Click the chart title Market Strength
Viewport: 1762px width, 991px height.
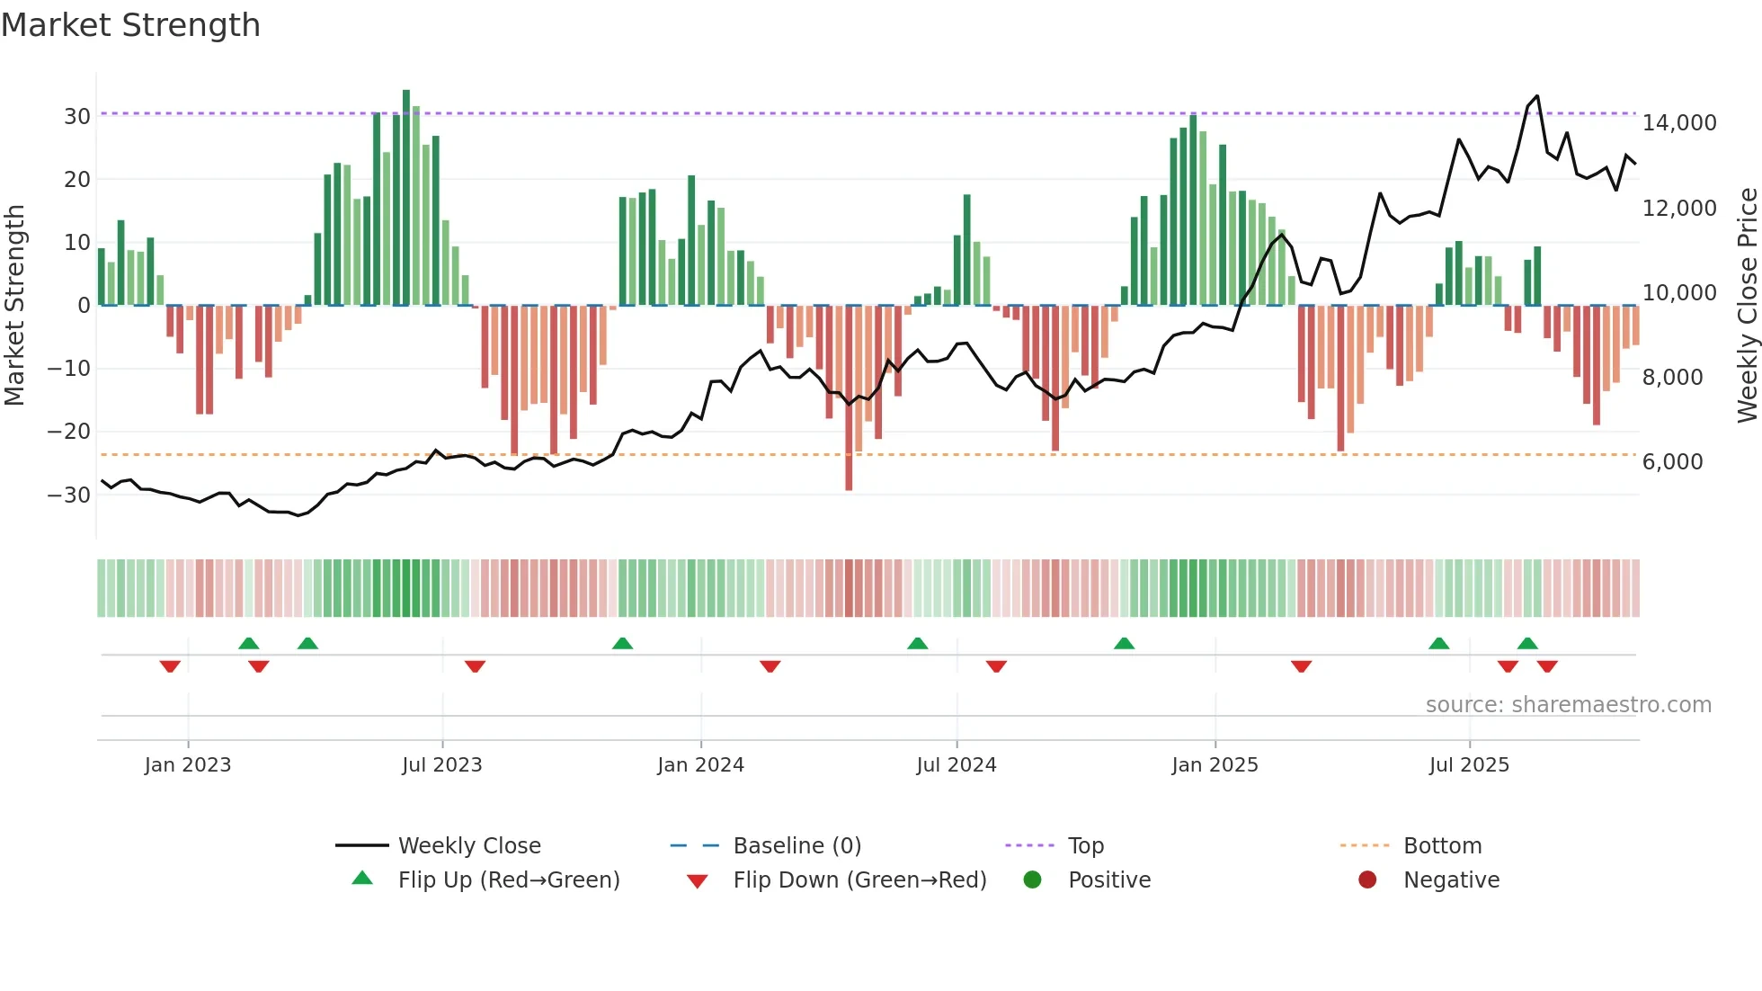131,25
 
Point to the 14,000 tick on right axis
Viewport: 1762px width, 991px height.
1678,123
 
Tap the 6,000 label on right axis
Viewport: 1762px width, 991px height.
1672,462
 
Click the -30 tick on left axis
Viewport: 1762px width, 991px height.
69,495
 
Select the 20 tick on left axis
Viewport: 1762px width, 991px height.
77,180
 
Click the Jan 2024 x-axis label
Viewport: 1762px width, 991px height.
700,765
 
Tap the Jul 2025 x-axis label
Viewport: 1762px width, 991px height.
1469,765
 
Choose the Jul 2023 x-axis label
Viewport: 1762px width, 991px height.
441,765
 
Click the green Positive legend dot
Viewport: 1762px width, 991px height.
1032,880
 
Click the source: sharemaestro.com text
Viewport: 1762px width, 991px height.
1568,705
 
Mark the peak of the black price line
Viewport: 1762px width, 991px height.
1536,96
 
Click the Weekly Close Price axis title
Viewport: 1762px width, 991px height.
1747,306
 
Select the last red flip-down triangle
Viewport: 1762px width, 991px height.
1547,666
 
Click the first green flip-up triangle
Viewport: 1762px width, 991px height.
249,643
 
